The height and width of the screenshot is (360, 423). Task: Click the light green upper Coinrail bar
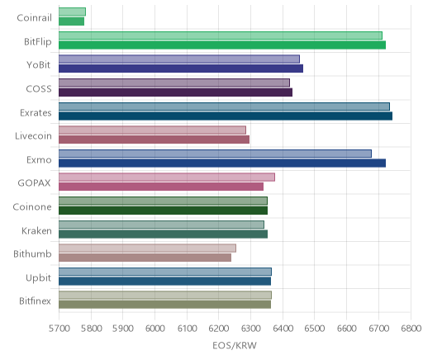72,12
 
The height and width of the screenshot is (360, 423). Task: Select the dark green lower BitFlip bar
222,45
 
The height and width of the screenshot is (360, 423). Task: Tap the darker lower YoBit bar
181,69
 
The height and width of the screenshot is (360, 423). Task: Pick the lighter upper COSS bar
174,83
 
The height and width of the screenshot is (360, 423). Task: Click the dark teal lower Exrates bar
226,116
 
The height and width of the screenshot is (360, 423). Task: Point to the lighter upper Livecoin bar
152,130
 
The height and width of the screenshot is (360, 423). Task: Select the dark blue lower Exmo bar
222,163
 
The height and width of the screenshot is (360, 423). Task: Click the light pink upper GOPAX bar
167,177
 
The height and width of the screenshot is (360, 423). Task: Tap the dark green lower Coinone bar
163,211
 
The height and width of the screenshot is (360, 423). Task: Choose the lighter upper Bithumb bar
147,248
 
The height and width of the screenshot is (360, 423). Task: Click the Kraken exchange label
36,230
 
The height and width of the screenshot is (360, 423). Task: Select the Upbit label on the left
38,278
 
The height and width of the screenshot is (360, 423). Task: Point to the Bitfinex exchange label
35,301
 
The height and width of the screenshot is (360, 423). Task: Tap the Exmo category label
39,160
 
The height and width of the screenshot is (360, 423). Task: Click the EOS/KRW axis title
235,345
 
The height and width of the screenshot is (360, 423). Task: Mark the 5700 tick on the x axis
59,329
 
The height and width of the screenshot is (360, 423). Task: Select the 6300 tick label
250,329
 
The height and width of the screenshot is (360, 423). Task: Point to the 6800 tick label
411,329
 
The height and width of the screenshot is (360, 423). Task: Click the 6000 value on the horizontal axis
154,329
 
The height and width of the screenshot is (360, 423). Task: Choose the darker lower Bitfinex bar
164,305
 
